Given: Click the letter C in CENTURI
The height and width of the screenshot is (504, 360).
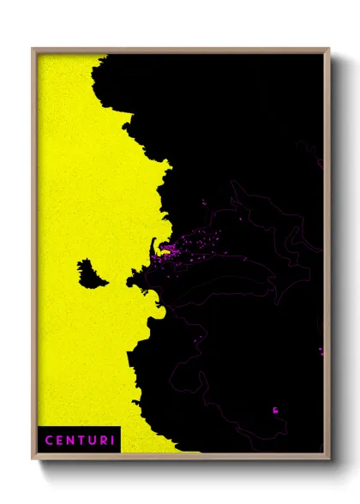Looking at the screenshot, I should (x=48, y=441).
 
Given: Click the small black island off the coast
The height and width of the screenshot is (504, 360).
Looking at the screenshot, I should (x=89, y=273).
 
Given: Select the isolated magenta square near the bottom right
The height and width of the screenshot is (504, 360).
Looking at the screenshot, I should (x=275, y=410).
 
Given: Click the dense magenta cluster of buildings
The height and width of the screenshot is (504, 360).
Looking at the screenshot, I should (x=167, y=251).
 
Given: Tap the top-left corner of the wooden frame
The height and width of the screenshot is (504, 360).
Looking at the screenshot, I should (x=33, y=50).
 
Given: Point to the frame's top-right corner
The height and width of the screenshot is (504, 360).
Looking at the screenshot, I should (x=328, y=50).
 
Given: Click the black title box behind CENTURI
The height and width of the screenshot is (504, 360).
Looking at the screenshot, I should (x=79, y=440).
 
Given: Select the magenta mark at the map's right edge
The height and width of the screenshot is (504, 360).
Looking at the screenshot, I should (x=321, y=351).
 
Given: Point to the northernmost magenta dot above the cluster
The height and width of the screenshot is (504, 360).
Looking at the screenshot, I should (x=204, y=202).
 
